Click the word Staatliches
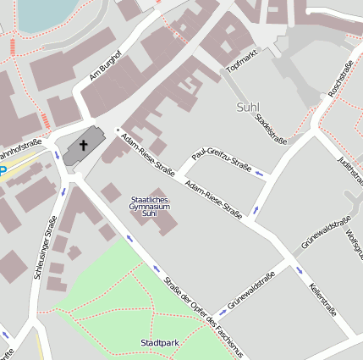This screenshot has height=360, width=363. pyautogui.click(x=150, y=198)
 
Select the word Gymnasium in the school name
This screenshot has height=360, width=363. pyautogui.click(x=150, y=206)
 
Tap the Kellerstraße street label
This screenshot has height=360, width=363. pyautogui.click(x=323, y=299)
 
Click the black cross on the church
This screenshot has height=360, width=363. pyautogui.click(x=84, y=146)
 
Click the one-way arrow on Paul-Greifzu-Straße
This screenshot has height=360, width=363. pyautogui.click(x=261, y=174)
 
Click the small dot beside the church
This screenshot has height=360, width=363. pyautogui.click(x=118, y=130)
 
